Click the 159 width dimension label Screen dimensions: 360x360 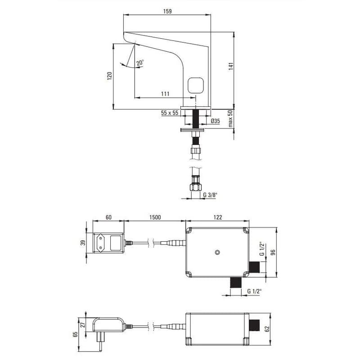(x=167, y=11)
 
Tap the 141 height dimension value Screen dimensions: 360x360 (x=231, y=66)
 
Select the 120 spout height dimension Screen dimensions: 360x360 (x=109, y=76)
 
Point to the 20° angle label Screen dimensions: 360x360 (x=140, y=63)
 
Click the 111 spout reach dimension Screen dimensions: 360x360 (x=165, y=94)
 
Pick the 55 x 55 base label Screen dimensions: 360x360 (x=170, y=113)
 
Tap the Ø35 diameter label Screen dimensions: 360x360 (x=216, y=121)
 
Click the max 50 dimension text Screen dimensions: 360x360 (x=230, y=118)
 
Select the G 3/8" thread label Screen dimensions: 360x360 (x=210, y=195)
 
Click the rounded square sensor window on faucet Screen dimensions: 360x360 (x=196, y=85)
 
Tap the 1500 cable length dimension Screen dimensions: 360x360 (x=155, y=217)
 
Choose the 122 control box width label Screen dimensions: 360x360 (x=218, y=217)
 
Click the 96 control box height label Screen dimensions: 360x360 (x=273, y=252)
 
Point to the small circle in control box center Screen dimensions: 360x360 (x=217, y=252)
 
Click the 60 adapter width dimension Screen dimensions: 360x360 (x=108, y=217)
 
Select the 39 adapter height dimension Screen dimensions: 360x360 (x=83, y=243)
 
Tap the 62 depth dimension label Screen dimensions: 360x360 (x=267, y=329)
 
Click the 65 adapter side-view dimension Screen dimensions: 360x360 (x=75, y=334)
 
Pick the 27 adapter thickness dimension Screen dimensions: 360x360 (x=83, y=324)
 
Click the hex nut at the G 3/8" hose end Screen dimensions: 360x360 (x=196, y=187)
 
